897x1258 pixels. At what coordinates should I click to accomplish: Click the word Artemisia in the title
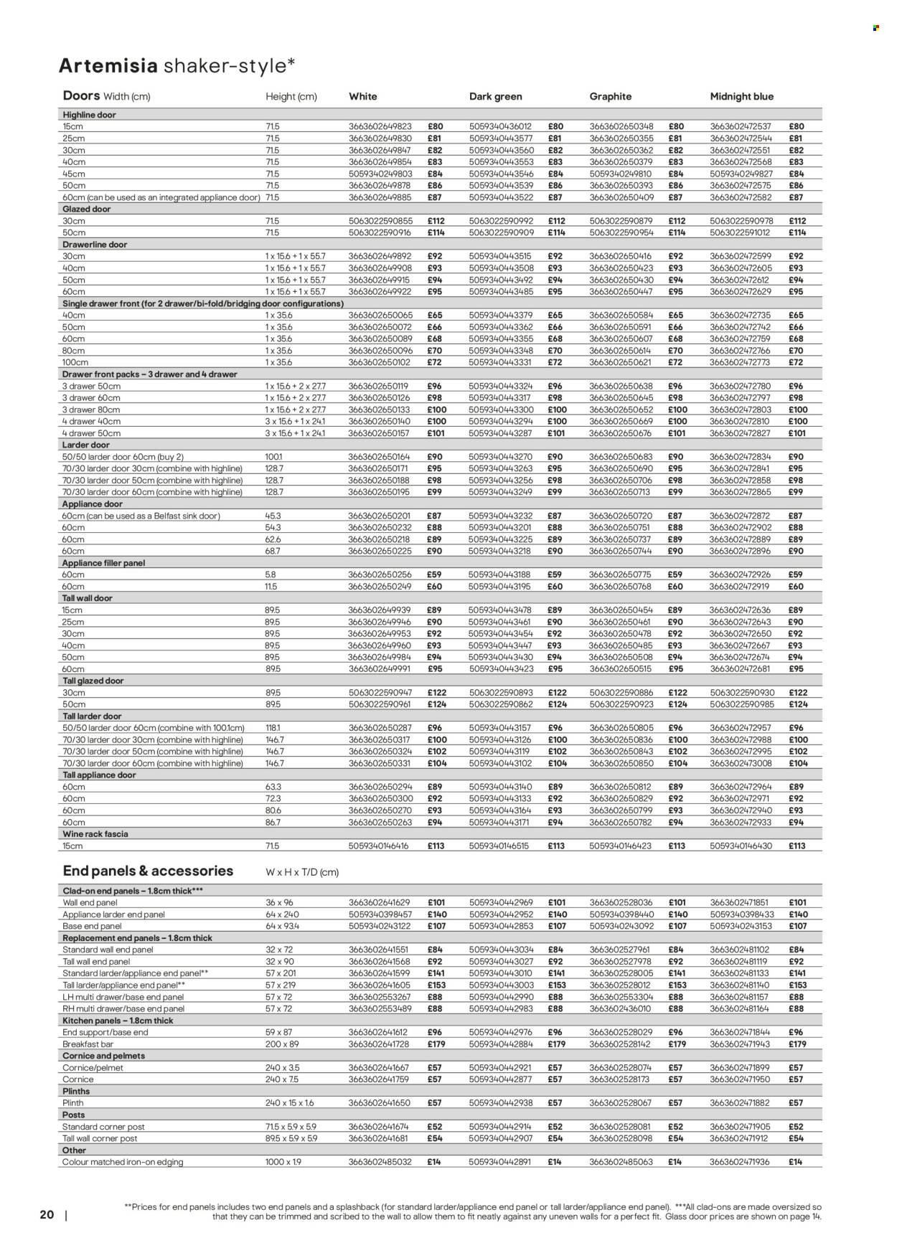pyautogui.click(x=108, y=66)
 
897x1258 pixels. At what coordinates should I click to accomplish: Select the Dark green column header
pyautogui.click(x=495, y=96)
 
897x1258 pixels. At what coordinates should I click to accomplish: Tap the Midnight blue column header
pyautogui.click(x=741, y=96)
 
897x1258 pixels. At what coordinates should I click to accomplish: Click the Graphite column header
pyautogui.click(x=610, y=96)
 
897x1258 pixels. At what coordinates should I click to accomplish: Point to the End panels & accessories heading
pyautogui.click(x=148, y=871)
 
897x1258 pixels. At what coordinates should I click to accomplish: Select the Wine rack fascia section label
pyautogui.click(x=95, y=834)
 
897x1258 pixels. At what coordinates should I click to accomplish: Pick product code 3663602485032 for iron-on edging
pyautogui.click(x=380, y=1162)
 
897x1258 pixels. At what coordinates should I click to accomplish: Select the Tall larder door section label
pyautogui.click(x=93, y=717)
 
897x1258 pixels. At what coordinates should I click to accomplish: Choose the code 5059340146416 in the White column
pyautogui.click(x=378, y=846)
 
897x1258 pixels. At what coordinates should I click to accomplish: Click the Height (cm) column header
pyautogui.click(x=291, y=97)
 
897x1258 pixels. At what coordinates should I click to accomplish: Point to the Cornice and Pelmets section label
pyautogui.click(x=104, y=1056)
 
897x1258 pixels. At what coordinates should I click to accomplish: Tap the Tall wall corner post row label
pyautogui.click(x=100, y=1138)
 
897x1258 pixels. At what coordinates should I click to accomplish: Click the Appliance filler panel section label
pyautogui.click(x=103, y=563)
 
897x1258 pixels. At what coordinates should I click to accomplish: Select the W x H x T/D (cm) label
pyautogui.click(x=302, y=873)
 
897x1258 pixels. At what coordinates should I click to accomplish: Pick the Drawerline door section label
pyautogui.click(x=95, y=245)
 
